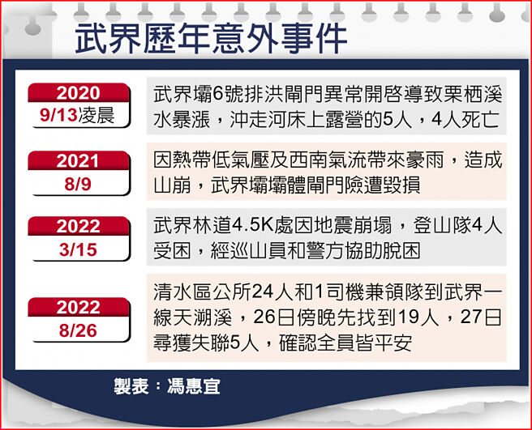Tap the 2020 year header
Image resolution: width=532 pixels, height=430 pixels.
[x=78, y=93]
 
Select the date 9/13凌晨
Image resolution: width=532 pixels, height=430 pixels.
[x=78, y=116]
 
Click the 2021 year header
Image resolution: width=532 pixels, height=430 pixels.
[x=78, y=161]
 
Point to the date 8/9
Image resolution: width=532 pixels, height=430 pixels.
[x=78, y=184]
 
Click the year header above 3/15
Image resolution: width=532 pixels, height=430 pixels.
[x=78, y=227]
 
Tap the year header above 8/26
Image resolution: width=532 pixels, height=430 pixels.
[x=78, y=307]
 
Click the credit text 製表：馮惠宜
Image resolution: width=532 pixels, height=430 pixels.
[x=166, y=385]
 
